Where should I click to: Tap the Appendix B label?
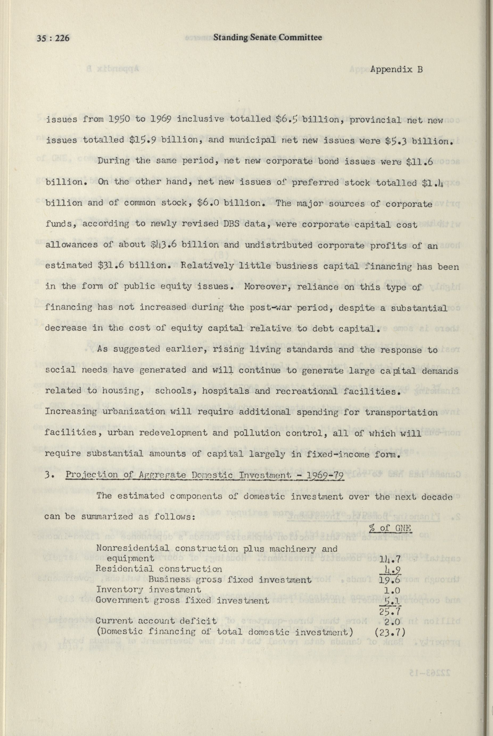396,69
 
